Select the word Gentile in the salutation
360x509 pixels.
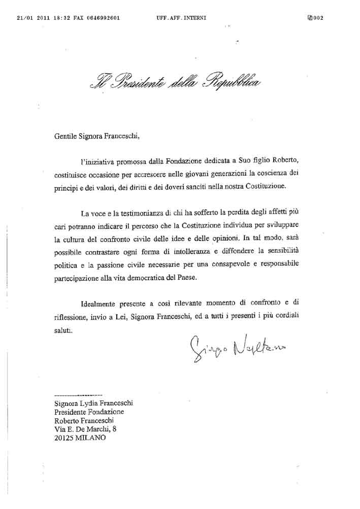[x=66, y=135]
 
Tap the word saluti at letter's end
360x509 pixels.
[x=63, y=329]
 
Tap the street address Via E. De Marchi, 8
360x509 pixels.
[x=88, y=430]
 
